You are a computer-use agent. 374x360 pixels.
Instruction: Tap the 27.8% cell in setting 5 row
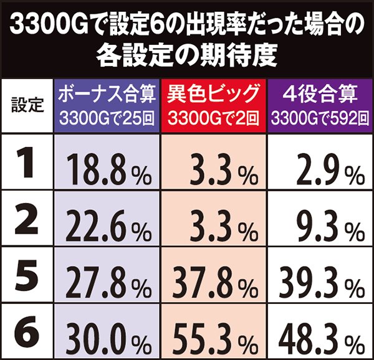[x=108, y=284]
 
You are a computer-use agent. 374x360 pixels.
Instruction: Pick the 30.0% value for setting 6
[x=108, y=337]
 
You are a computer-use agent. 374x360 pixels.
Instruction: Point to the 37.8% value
[x=215, y=284]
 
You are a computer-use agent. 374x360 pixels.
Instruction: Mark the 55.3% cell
[x=215, y=337]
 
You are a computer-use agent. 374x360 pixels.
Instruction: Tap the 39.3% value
[x=320, y=284]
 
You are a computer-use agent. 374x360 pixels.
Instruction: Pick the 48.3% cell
[x=320, y=337]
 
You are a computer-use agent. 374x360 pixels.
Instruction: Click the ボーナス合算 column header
[x=107, y=105]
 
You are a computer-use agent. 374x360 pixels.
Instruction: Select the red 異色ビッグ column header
[x=214, y=105]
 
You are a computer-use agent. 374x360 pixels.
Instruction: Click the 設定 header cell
[x=28, y=105]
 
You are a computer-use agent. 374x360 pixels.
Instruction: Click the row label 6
[x=28, y=333]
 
